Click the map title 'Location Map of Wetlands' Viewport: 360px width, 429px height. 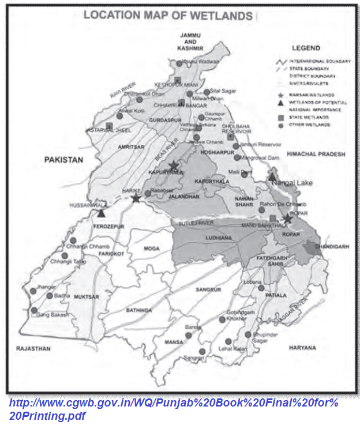click(168, 16)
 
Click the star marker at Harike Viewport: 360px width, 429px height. click(136, 198)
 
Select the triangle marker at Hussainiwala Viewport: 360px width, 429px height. click(102, 213)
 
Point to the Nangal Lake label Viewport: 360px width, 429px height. click(297, 182)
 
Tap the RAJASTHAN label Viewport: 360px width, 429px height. click(34, 349)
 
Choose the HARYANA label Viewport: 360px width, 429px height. click(303, 348)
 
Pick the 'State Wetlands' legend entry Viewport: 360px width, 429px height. click(309, 117)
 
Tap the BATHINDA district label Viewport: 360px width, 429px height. click(139, 310)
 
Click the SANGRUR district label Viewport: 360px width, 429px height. click(208, 288)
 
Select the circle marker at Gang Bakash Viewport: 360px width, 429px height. click(34, 310)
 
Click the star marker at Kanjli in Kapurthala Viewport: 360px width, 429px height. click(174, 166)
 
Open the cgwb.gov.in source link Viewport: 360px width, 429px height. click(173, 409)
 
